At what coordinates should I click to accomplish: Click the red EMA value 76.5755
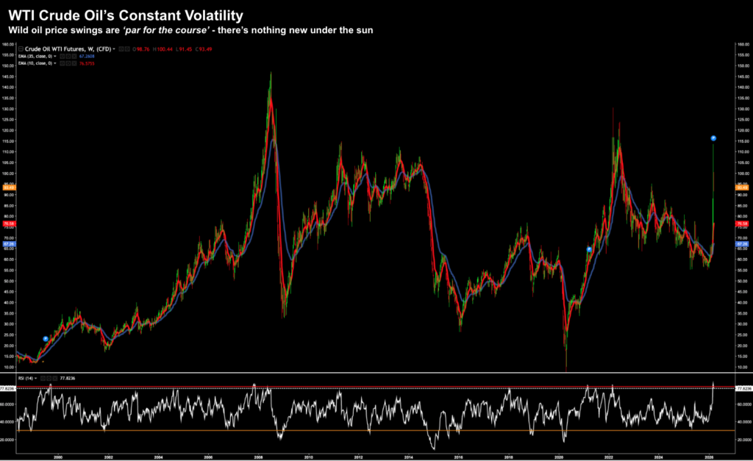88,64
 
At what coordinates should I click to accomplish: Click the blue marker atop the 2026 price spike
713,138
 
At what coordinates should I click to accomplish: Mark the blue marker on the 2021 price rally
589,249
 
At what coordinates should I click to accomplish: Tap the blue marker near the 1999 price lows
46,339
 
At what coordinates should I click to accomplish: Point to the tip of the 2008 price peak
271,73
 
